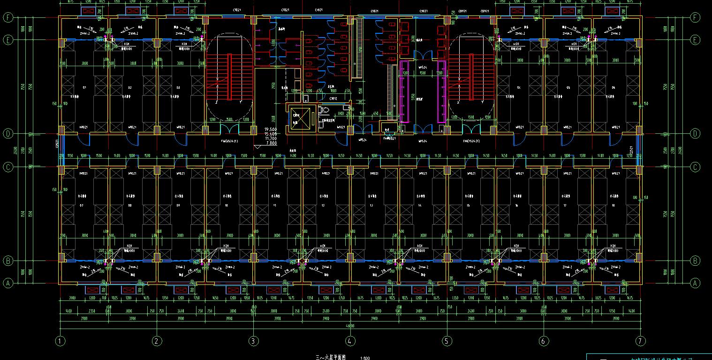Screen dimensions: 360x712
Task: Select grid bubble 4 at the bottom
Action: (349, 341)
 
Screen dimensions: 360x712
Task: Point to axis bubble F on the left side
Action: (8, 18)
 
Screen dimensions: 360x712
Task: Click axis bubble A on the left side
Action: (8, 283)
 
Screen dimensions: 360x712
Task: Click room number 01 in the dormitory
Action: (85, 88)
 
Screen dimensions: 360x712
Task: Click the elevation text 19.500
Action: (271, 129)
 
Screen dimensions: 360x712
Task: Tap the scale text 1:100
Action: (365, 358)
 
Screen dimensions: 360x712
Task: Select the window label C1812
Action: (333, 99)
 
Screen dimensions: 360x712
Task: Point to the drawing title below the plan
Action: (330, 358)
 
